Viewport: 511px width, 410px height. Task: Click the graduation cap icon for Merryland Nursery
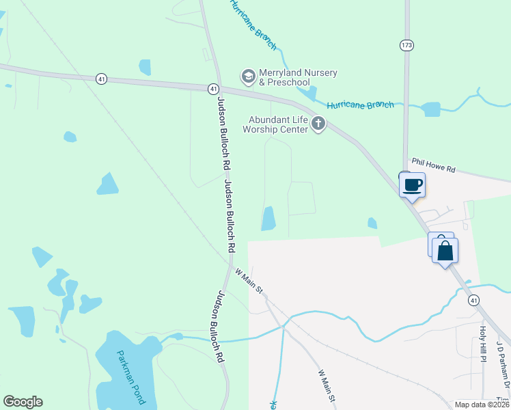click(248, 75)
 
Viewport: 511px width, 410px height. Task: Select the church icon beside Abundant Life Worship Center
click(318, 124)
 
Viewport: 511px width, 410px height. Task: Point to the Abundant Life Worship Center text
click(277, 124)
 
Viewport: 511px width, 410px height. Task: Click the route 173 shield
click(407, 45)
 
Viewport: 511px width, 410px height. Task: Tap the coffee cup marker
click(413, 184)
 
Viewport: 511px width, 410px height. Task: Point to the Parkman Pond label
click(129, 377)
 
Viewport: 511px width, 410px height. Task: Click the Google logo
click(23, 402)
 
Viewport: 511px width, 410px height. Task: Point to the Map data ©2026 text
click(482, 405)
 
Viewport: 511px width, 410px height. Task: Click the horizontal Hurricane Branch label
click(360, 105)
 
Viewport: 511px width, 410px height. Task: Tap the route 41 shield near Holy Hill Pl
click(473, 300)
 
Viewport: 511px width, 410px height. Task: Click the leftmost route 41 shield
click(101, 79)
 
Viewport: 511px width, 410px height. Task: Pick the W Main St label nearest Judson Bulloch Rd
click(249, 281)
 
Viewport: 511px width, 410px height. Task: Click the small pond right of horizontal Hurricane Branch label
click(431, 109)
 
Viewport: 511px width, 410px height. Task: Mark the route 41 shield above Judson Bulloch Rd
click(213, 89)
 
